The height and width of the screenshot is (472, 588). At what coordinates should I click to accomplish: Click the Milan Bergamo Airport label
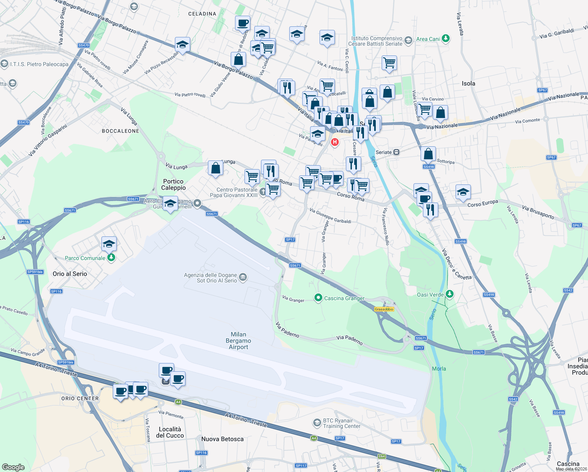[238, 341]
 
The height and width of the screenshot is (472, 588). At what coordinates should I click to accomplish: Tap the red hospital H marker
[335, 142]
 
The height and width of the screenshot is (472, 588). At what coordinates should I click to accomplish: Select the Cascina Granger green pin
[318, 298]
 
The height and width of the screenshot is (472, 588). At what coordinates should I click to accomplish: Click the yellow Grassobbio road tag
[384, 309]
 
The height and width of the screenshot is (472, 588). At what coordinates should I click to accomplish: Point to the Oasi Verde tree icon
[450, 294]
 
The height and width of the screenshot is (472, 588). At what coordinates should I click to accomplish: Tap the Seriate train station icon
[397, 152]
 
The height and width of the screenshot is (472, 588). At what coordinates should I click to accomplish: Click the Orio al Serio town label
[70, 274]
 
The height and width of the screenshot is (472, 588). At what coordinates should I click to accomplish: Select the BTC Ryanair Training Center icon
[317, 423]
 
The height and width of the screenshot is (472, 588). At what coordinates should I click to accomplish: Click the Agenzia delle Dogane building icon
[243, 278]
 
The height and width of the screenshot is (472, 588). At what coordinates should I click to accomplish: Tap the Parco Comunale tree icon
[111, 258]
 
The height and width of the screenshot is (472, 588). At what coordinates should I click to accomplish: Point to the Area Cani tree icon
[445, 39]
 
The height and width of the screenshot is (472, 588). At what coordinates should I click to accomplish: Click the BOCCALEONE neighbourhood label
[120, 131]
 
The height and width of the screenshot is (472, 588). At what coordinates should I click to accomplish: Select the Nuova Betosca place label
[222, 439]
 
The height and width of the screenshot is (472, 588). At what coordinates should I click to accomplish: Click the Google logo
[13, 467]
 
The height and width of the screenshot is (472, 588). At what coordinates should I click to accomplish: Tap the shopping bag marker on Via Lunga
[215, 168]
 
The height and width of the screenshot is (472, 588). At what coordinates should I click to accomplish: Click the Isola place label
[468, 83]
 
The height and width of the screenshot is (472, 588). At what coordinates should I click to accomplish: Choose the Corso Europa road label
[483, 203]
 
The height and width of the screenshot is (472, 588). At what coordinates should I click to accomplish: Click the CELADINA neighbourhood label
[202, 14]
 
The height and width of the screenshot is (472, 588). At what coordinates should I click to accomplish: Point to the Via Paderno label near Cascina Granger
[349, 339]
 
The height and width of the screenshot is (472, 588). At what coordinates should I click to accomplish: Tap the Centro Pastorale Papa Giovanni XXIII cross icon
[263, 192]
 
